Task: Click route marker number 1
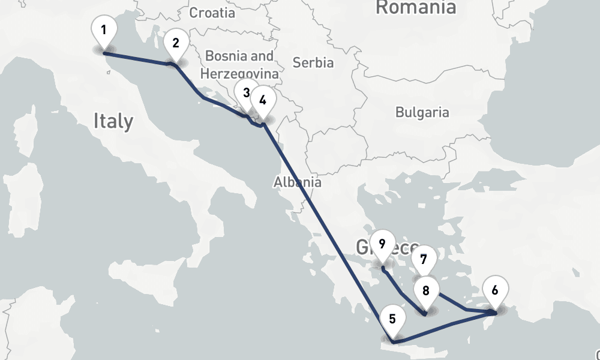(x=104, y=29)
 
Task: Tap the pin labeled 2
(x=175, y=43)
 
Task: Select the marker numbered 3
(x=246, y=93)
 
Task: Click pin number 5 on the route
(x=392, y=319)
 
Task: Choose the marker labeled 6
(x=494, y=290)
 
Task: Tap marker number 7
(x=424, y=260)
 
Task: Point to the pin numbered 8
(x=426, y=291)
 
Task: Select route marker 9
(x=382, y=244)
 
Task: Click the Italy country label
(x=113, y=121)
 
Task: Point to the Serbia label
(x=313, y=62)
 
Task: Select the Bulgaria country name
(x=422, y=112)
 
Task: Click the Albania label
(x=297, y=182)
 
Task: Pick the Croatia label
(x=212, y=13)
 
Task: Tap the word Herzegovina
(x=239, y=74)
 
